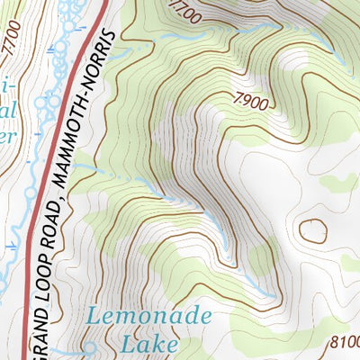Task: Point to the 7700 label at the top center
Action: [185, 13]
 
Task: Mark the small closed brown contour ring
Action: [313, 230]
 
